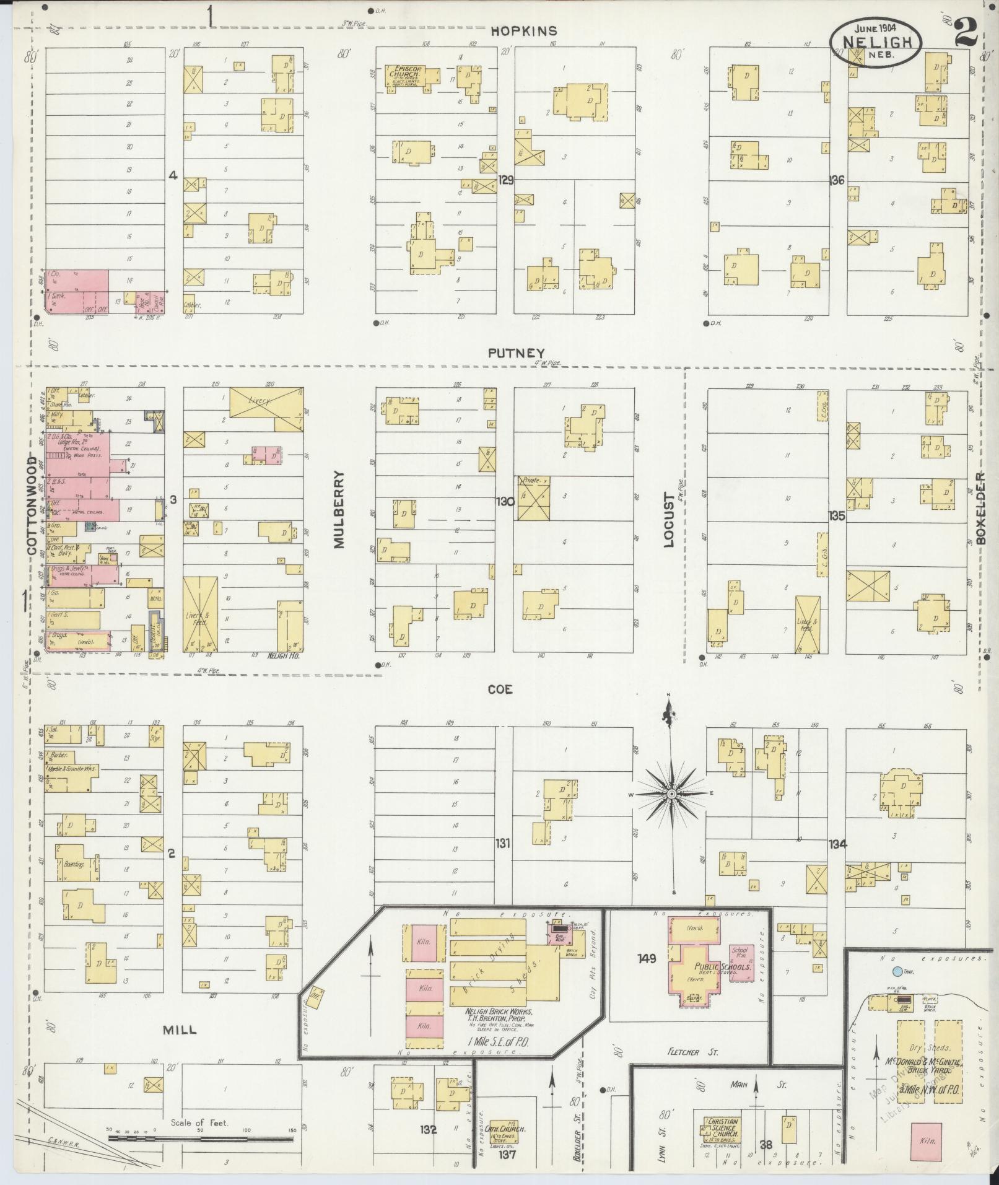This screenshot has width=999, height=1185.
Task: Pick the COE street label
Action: pos(500,689)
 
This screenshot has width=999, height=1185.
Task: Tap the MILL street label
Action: pos(180,1030)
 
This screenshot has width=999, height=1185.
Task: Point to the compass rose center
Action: pos(671,794)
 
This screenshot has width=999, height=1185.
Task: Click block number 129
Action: pos(506,180)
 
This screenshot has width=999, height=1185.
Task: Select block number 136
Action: pos(837,180)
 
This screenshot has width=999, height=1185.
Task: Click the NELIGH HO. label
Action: pos(283,655)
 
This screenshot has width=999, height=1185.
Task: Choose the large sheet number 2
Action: pos(967,32)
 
